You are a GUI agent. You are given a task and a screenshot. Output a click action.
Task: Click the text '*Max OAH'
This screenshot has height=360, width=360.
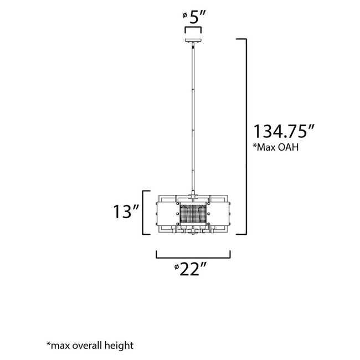272,148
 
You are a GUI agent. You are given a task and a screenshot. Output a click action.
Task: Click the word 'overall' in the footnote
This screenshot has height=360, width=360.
89,346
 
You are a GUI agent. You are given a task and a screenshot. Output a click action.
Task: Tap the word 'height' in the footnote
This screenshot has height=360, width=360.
120,346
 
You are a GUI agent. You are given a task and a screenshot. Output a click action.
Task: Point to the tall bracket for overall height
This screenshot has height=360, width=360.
244,136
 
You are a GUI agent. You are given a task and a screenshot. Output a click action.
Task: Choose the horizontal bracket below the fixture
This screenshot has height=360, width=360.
193,256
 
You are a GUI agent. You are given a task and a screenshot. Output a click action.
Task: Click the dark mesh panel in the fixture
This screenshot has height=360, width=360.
193,214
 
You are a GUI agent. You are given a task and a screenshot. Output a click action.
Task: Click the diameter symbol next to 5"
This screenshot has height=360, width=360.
184,16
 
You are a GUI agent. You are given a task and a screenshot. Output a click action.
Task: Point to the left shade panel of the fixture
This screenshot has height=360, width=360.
168,214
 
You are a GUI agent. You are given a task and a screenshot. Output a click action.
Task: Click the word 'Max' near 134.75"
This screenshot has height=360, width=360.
267,148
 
